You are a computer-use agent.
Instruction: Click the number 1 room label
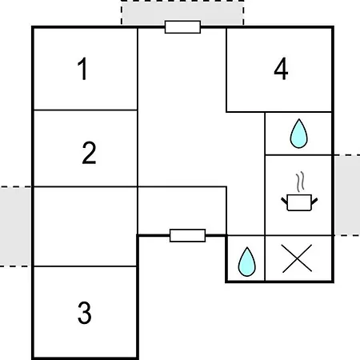point(82,69)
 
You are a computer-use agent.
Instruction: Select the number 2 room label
point(89,153)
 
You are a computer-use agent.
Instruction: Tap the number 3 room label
point(85,313)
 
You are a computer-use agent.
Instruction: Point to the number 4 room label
point(281,69)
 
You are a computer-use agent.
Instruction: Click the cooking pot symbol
point(299,202)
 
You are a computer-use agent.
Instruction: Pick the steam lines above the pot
point(300,182)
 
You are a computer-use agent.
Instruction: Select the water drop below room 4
point(298,134)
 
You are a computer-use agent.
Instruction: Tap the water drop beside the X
point(247,262)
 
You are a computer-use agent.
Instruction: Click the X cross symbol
point(297,258)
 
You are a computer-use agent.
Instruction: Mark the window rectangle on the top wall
point(182,27)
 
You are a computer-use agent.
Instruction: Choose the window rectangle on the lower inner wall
point(188,235)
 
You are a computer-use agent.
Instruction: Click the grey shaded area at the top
point(182,13)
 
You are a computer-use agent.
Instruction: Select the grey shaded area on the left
point(15,226)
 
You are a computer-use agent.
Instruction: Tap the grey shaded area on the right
point(347,195)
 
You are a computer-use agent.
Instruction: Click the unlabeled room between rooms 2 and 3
point(86,226)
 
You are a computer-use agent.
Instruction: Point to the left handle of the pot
point(284,201)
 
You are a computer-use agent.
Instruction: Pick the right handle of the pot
point(314,201)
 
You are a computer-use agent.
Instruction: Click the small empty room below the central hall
point(182,210)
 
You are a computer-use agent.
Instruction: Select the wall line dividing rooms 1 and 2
point(86,110)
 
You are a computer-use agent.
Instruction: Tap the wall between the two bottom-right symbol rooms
point(265,258)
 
